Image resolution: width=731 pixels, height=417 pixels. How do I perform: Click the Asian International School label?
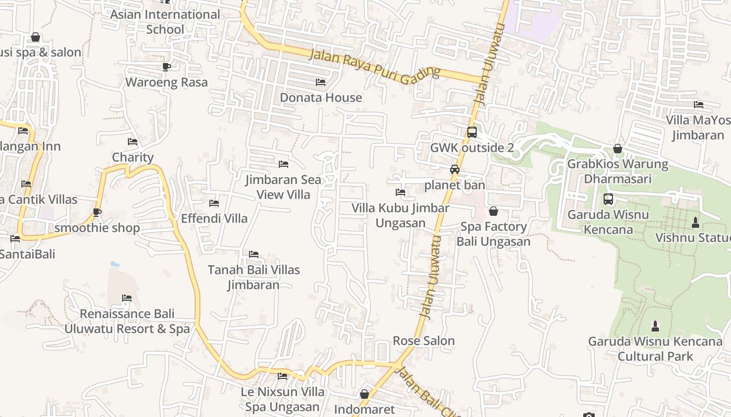(x=165, y=22)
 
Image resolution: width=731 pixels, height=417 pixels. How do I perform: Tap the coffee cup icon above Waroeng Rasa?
(x=167, y=67)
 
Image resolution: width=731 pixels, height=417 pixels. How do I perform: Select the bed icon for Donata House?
(x=321, y=82)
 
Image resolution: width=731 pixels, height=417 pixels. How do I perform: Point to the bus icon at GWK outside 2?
(x=472, y=132)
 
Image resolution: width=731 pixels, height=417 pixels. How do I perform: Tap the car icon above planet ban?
(x=455, y=169)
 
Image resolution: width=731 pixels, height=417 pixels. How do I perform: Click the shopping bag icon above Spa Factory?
(x=493, y=211)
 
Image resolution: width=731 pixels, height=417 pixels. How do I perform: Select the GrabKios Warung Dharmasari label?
(x=617, y=171)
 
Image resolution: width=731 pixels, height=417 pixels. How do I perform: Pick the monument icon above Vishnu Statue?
(x=695, y=222)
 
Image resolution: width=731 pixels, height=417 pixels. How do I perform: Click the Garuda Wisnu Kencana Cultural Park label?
(x=655, y=349)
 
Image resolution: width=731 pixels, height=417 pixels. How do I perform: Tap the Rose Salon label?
(x=423, y=341)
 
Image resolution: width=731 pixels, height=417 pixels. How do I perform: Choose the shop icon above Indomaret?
(x=364, y=394)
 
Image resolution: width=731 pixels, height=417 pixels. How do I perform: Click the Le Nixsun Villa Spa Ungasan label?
(x=282, y=399)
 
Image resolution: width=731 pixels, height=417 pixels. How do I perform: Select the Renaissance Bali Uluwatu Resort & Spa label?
(x=127, y=321)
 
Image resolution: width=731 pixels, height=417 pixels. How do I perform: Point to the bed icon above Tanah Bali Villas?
(x=254, y=254)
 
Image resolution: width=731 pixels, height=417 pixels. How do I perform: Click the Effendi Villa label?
(x=214, y=218)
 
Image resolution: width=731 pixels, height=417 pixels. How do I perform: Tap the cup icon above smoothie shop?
(x=97, y=212)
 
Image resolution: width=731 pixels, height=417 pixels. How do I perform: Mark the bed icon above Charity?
(x=133, y=142)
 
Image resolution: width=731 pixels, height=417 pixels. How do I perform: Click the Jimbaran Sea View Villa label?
(x=284, y=187)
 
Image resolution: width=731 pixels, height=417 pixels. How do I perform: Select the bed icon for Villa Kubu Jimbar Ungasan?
(x=400, y=192)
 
